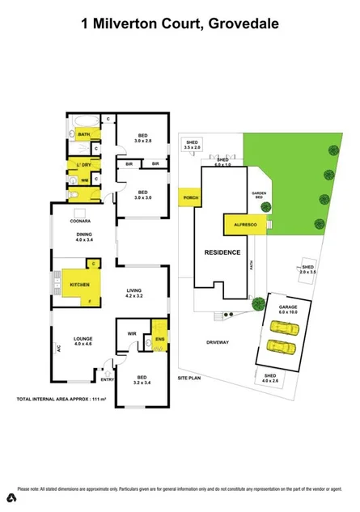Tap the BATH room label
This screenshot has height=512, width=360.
(83, 133)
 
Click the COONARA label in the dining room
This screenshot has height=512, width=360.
(79, 218)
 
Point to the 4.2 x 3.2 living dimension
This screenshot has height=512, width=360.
(135, 297)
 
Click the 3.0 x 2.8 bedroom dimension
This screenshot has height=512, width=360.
(142, 140)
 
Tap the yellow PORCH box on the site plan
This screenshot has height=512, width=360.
(192, 197)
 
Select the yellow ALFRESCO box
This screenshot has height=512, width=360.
(239, 224)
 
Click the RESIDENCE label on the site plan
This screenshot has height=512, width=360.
(222, 252)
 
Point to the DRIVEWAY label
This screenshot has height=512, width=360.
(218, 341)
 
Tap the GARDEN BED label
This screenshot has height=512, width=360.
(260, 195)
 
